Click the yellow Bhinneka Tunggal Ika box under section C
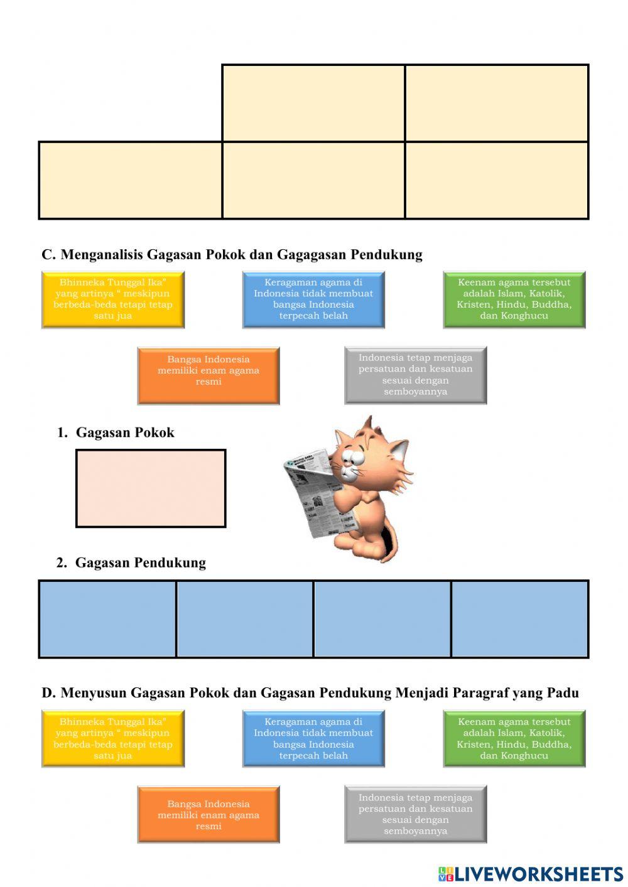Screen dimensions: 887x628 113,299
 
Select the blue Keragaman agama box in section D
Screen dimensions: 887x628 313,739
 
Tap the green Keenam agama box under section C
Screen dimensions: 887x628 514,299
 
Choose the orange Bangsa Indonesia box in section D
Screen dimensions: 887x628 208,815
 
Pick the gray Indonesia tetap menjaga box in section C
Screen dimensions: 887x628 416,375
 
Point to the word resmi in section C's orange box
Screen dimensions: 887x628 208,382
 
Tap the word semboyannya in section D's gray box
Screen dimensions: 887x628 416,831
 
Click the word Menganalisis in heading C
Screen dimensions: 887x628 102,254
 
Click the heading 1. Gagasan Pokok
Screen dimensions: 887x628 116,433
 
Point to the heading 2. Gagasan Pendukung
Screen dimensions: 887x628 131,562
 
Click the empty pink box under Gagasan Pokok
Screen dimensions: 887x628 151,488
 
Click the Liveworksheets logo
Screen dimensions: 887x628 531,874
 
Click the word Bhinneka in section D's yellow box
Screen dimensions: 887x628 82,722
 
